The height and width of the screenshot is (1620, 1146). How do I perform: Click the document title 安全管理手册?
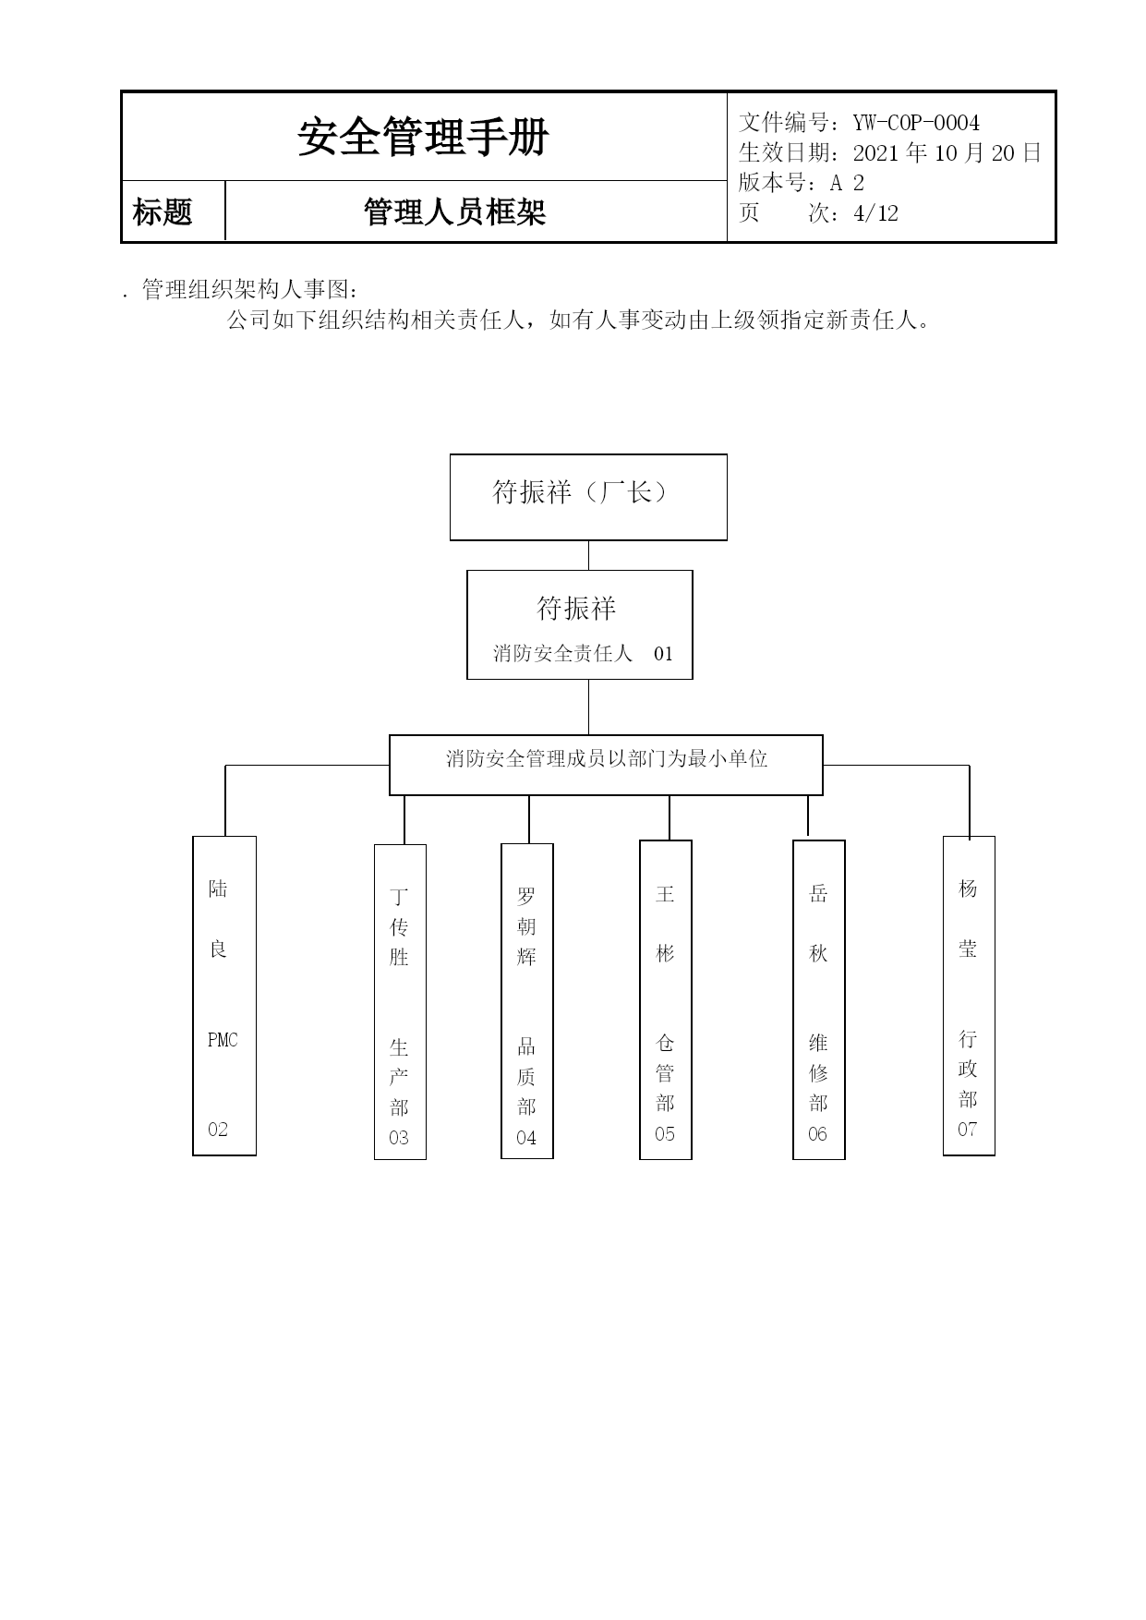pos(423,138)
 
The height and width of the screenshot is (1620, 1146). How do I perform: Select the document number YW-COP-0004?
pos(916,123)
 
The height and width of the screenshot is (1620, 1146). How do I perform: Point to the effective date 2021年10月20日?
pos(947,152)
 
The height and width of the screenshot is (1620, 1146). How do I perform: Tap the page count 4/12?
pos(876,213)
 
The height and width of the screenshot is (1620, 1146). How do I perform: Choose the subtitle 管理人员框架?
pos(454,212)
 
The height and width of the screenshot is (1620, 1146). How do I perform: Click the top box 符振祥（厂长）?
pos(588,497)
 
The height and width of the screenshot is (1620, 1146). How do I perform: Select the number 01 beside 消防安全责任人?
pos(663,654)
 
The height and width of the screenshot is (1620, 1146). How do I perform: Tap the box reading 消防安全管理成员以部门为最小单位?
pos(606,765)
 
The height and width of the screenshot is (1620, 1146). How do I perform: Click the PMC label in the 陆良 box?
pos(223,1040)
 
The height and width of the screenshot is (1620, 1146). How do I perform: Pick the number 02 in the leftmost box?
pos(218,1129)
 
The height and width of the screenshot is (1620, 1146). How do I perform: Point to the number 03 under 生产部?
pos(399,1138)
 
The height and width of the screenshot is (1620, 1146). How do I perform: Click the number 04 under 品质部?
pos(526,1138)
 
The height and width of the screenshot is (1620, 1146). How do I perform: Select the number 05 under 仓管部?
pos(665,1134)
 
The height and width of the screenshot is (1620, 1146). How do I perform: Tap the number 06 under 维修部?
pos(818,1134)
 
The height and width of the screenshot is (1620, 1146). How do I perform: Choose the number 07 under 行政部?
pos(967,1129)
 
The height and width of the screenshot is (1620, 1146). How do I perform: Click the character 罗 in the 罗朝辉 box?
pos(526,896)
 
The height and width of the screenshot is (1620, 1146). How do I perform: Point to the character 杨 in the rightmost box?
pos(968,889)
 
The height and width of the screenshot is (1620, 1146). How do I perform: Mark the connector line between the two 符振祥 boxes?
pos(588,555)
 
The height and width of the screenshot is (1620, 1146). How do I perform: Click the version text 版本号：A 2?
pos(802,183)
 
